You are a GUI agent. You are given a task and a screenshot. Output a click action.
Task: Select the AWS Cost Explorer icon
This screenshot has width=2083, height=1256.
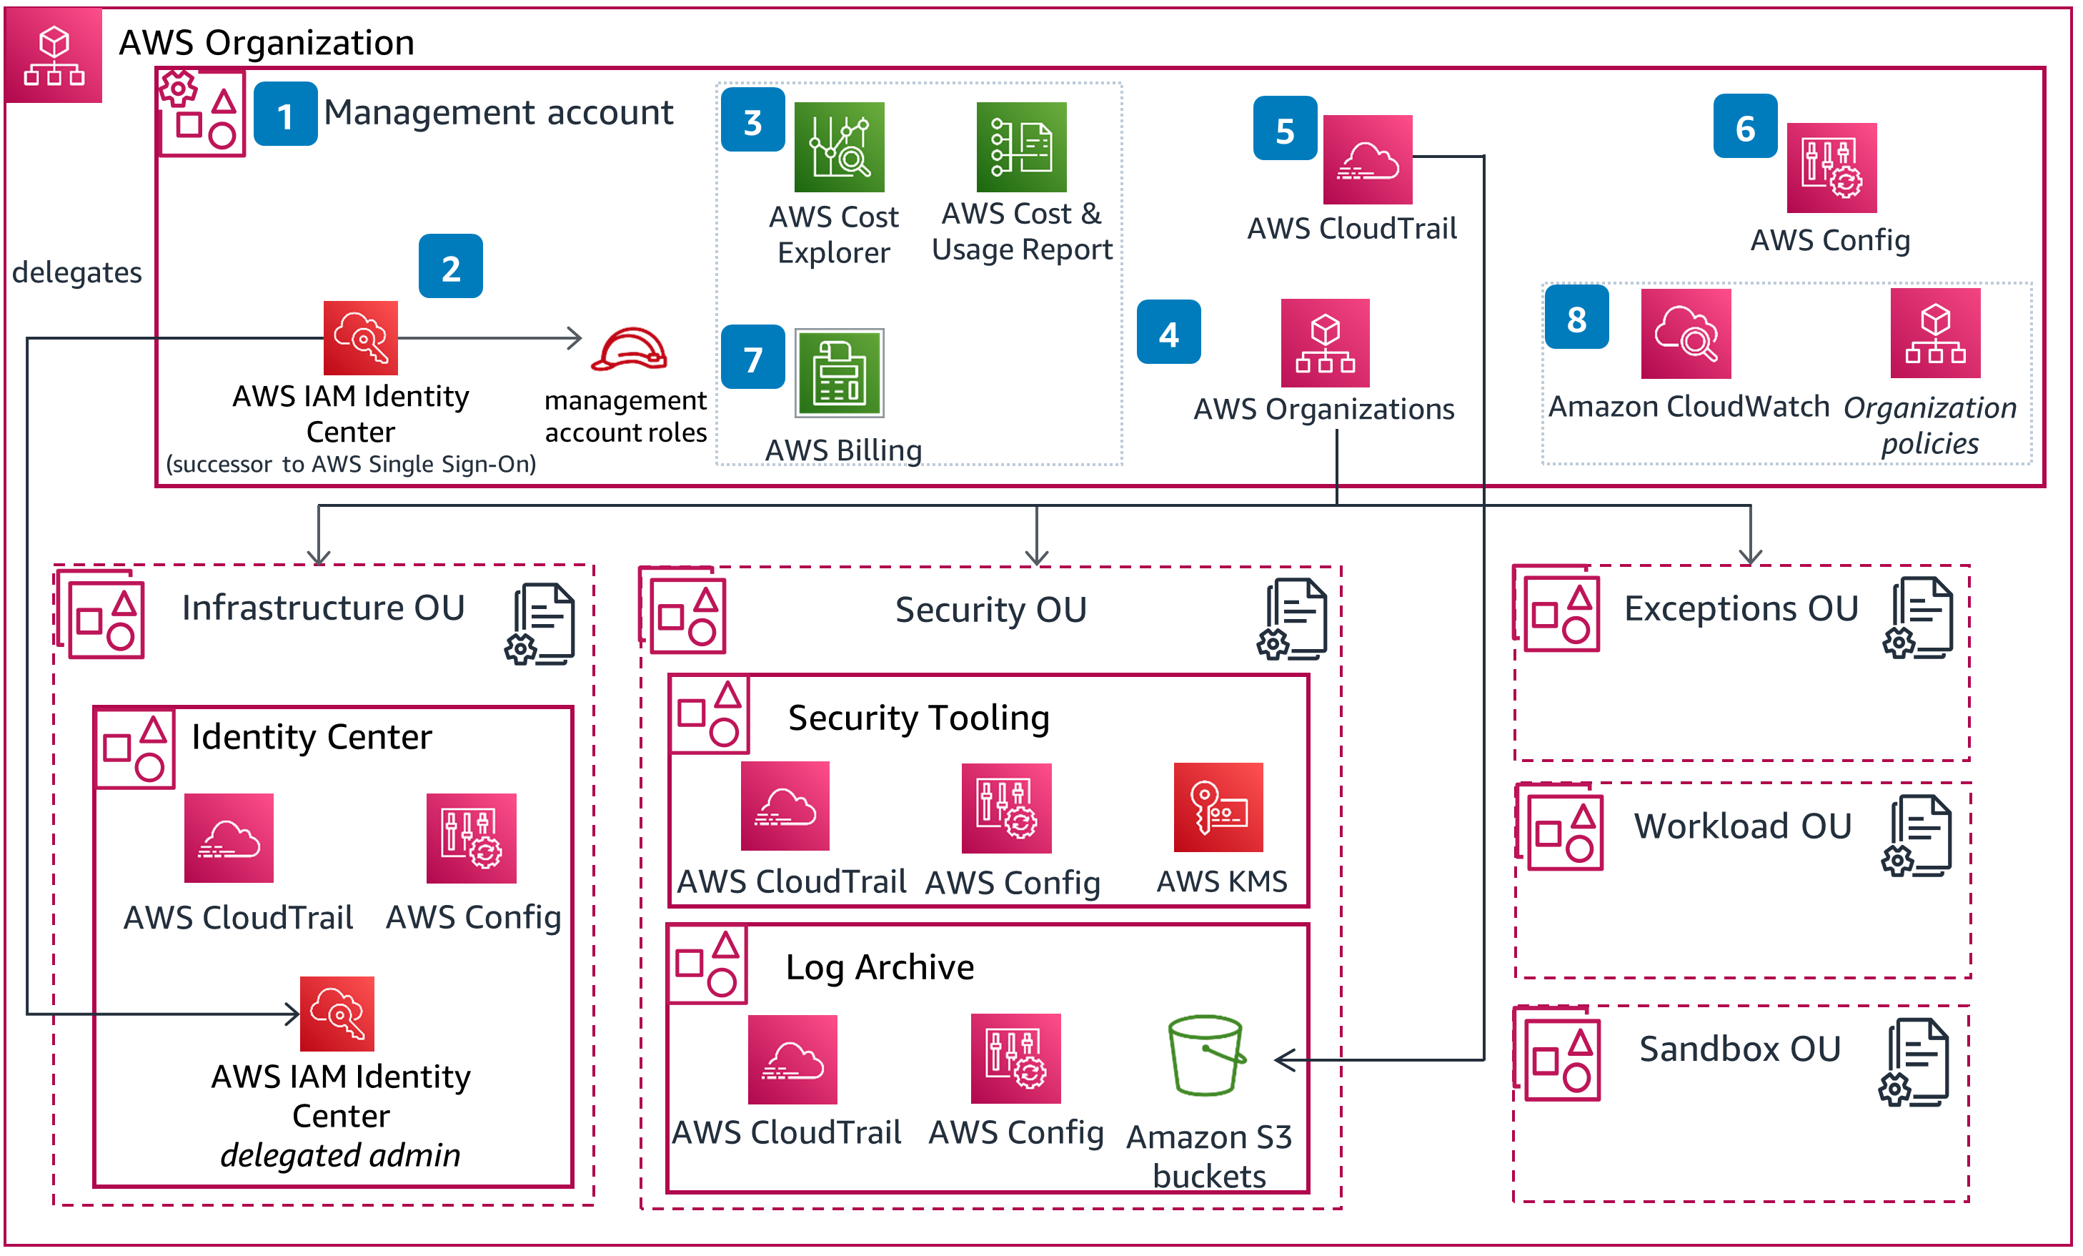(x=839, y=147)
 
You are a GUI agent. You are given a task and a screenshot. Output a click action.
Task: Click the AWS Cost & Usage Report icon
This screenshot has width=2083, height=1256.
(x=1020, y=147)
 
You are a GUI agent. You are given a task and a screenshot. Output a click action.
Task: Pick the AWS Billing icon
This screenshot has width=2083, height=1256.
(x=839, y=373)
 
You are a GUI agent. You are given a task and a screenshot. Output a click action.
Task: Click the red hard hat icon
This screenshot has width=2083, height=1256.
(x=629, y=350)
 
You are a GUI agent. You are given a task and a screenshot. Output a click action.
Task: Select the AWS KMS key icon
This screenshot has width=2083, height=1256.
(x=1218, y=807)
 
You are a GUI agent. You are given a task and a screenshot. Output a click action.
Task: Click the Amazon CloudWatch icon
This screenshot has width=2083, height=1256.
(x=1685, y=333)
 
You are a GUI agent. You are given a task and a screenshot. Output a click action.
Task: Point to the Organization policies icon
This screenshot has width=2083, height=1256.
(x=1934, y=333)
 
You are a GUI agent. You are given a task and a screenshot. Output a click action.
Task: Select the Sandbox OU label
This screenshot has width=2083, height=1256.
(x=1739, y=1049)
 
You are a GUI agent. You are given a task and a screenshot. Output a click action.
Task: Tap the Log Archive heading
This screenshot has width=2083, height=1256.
(x=879, y=966)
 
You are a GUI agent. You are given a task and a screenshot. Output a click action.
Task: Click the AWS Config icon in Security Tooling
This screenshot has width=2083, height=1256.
(x=1006, y=808)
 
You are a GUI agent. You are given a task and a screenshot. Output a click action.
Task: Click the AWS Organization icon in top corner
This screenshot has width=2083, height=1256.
(x=54, y=55)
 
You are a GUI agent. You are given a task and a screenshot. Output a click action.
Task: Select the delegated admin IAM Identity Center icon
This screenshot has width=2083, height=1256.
(x=337, y=1013)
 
